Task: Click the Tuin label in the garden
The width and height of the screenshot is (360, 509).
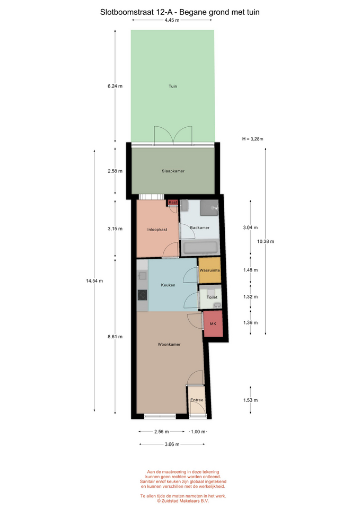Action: click(x=173, y=86)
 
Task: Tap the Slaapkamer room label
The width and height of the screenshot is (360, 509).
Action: click(x=173, y=171)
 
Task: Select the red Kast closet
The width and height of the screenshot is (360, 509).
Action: click(x=173, y=202)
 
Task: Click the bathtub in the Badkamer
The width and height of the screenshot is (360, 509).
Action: click(x=200, y=248)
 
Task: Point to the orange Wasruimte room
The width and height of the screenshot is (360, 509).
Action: click(x=210, y=270)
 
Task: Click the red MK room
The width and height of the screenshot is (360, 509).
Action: click(x=213, y=323)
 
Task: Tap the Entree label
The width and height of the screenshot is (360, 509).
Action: click(x=197, y=400)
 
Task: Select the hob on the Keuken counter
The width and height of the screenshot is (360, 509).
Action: click(x=142, y=295)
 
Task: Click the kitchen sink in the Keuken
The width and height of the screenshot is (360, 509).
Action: click(x=142, y=276)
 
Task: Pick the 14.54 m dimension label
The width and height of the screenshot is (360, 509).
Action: click(x=94, y=281)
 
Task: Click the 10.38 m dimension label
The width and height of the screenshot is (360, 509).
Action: click(x=266, y=242)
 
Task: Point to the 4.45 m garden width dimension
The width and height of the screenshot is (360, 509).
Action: click(x=172, y=20)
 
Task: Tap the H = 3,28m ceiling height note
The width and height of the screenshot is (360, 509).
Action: click(x=252, y=139)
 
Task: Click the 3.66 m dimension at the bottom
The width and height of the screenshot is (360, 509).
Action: click(x=172, y=444)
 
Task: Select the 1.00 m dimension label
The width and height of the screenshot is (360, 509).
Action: click(x=198, y=432)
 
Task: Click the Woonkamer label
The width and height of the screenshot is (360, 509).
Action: click(x=169, y=345)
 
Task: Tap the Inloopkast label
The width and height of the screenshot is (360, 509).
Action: click(x=157, y=230)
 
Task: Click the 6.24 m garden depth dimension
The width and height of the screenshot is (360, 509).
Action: click(x=115, y=86)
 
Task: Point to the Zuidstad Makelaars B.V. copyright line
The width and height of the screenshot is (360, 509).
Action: click(x=183, y=501)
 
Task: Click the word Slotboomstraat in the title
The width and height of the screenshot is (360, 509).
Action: click(x=122, y=12)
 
